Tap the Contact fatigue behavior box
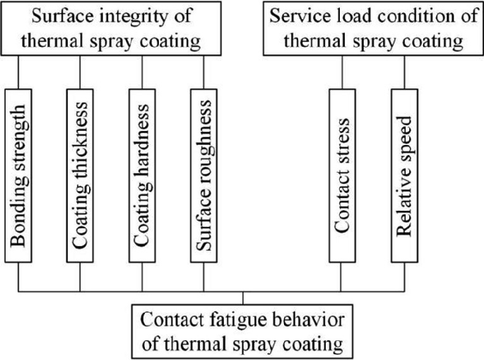click(x=242, y=331)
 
